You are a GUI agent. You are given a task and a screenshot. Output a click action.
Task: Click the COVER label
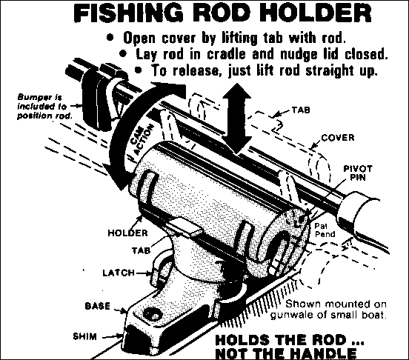tap(338, 137)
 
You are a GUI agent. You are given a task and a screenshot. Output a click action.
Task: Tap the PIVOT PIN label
tap(358, 173)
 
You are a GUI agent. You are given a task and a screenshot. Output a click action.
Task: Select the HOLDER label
tap(127, 233)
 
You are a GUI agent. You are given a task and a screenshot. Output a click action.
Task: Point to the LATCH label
tap(119, 273)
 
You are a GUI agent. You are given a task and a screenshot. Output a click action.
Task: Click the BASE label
tap(98, 306)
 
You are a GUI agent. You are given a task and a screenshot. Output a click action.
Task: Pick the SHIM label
tap(84, 336)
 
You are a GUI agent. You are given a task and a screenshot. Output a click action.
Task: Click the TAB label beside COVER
tap(301, 110)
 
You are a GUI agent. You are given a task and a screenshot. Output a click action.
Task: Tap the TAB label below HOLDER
tap(141, 250)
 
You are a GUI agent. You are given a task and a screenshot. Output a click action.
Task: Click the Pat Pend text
tap(325, 230)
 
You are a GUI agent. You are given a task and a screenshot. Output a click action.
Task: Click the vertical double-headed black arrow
tap(236, 118)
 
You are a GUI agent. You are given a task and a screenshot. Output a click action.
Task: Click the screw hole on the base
tap(152, 315)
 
